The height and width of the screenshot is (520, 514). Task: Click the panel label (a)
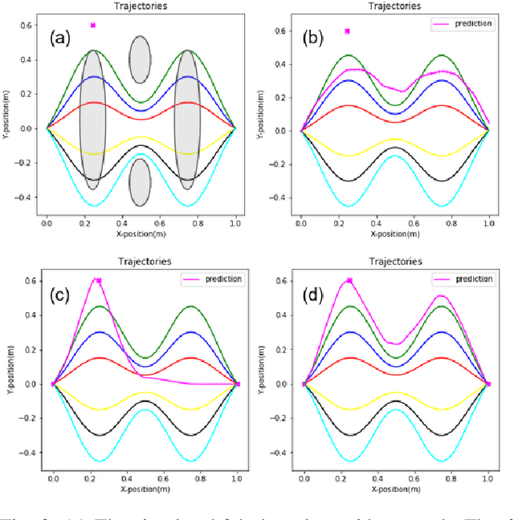point(63,37)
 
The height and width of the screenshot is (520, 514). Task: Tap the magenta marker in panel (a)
point(93,25)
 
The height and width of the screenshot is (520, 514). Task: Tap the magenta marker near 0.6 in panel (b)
point(347,31)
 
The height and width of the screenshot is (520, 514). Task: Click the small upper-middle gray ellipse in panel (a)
point(141,59)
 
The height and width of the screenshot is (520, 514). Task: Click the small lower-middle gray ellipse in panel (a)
point(141,182)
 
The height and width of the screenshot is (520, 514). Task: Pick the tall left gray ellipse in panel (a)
point(93,120)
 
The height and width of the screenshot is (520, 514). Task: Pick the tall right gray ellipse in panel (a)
point(188,120)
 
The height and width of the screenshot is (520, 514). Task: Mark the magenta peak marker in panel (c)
point(98,281)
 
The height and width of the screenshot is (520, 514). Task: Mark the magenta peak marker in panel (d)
point(349,281)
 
